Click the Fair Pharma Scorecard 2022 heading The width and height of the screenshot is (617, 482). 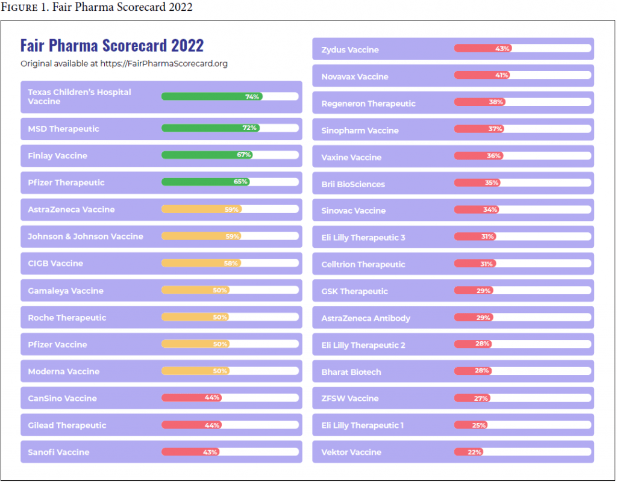[x=112, y=46]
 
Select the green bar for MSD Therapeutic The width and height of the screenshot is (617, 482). [x=210, y=128]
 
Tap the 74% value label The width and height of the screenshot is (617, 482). [x=252, y=96]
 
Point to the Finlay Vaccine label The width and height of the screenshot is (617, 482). [x=57, y=156]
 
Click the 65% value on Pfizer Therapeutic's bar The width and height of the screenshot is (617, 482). [x=241, y=182]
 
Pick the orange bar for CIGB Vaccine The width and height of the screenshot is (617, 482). [x=201, y=263]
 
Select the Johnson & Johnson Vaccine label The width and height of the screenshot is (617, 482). [x=86, y=236]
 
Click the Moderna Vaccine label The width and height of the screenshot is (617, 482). [x=63, y=371]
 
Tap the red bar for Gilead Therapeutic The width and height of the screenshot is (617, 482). [x=191, y=425]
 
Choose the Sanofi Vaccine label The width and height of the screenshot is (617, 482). [x=58, y=452]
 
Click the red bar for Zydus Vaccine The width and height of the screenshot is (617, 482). [x=483, y=48]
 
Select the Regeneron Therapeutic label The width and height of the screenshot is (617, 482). [x=368, y=104]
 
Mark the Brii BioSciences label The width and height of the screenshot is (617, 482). [x=353, y=184]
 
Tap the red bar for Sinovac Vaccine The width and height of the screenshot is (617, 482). [x=476, y=209]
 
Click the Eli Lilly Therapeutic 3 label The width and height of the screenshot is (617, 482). [x=363, y=238]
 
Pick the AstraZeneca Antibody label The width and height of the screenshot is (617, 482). [x=366, y=318]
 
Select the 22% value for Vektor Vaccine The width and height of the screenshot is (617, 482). [x=475, y=452]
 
